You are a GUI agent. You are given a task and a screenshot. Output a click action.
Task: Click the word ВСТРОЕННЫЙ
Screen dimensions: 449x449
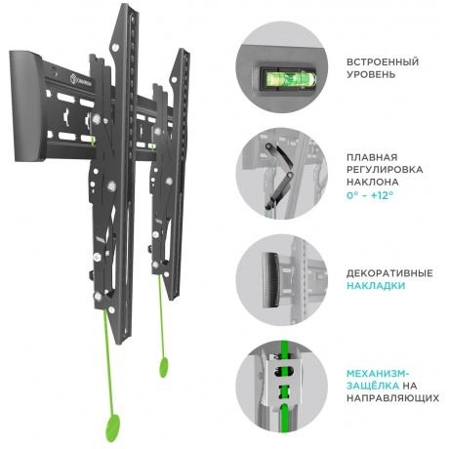[383, 61]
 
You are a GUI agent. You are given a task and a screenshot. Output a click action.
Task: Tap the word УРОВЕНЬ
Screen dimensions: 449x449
[371, 74]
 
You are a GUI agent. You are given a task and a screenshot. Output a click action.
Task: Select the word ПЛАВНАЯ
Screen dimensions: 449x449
[372, 157]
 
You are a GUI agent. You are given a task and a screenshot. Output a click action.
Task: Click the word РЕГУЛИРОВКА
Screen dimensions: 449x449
[385, 170]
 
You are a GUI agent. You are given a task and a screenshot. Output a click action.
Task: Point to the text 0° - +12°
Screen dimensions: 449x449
[370, 195]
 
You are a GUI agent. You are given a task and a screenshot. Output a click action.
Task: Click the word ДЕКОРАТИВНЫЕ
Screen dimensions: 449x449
[389, 273]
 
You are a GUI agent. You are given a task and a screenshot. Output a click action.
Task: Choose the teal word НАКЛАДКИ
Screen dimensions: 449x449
[376, 286]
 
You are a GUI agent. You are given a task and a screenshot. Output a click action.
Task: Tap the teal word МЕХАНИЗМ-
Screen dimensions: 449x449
[378, 373]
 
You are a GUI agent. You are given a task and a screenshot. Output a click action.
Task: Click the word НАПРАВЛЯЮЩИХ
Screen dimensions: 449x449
[392, 397]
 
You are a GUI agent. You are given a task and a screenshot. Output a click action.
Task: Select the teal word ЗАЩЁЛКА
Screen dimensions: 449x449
[373, 386]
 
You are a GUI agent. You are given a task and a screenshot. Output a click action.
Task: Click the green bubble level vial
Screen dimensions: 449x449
[287, 78]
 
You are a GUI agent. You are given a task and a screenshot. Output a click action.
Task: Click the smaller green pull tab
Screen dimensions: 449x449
[164, 367]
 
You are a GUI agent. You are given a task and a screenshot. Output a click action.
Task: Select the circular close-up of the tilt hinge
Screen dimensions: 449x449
[282, 174]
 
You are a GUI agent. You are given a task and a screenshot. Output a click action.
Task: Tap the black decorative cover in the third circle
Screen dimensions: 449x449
[270, 280]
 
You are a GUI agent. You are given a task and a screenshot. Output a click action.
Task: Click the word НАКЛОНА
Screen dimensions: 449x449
[373, 182]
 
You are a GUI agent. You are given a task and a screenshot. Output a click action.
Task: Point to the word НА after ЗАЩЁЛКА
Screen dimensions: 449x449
[410, 386]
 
